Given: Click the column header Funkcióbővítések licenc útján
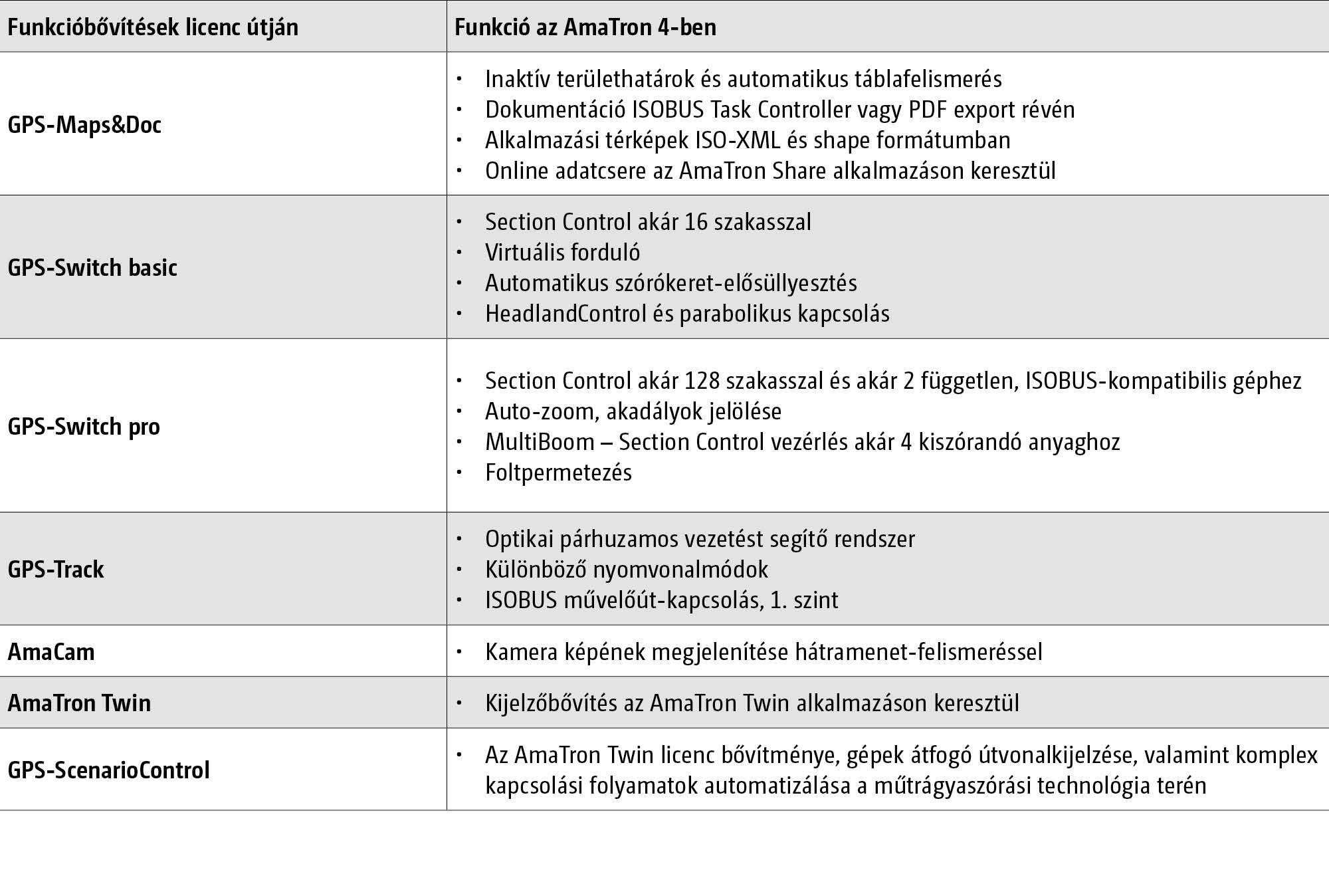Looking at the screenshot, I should [x=153, y=28].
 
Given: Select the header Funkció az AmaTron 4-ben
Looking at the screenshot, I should [x=585, y=28].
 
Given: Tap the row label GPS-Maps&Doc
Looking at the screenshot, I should [x=84, y=125].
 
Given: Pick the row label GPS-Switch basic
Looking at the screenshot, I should [x=92, y=268].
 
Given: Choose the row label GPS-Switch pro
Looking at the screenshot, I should [x=84, y=427].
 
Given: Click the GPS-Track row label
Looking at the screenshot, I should [x=56, y=570].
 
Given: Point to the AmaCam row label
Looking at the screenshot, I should [x=51, y=652].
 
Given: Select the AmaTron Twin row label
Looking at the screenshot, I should [x=79, y=703].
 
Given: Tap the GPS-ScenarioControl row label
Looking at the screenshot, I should [x=108, y=770].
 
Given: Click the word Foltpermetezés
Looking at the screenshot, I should [x=558, y=473].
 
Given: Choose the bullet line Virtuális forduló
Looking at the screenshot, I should [x=562, y=253].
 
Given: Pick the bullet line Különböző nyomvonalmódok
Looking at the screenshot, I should [x=626, y=570].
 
